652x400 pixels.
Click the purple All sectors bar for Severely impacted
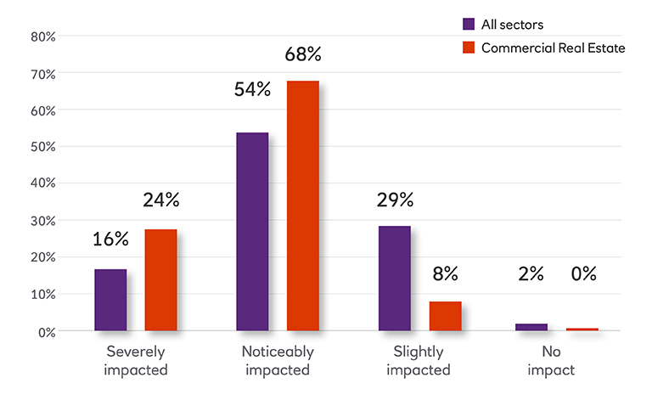[110, 300]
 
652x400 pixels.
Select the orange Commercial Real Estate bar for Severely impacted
[160, 279]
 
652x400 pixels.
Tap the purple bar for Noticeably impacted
[252, 231]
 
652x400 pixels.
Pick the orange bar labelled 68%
[303, 206]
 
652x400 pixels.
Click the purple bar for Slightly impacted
[395, 278]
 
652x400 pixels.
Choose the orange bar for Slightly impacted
[445, 316]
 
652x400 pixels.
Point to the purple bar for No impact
[531, 327]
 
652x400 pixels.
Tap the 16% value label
[110, 239]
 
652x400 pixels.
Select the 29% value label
[395, 200]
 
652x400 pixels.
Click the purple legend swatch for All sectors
[469, 24]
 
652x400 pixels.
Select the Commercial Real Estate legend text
[553, 48]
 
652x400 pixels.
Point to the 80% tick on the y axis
[42, 37]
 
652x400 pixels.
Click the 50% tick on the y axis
[42, 147]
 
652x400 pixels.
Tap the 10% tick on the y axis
[42, 295]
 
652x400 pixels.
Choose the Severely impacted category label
[137, 360]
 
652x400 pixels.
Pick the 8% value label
[445, 273]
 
